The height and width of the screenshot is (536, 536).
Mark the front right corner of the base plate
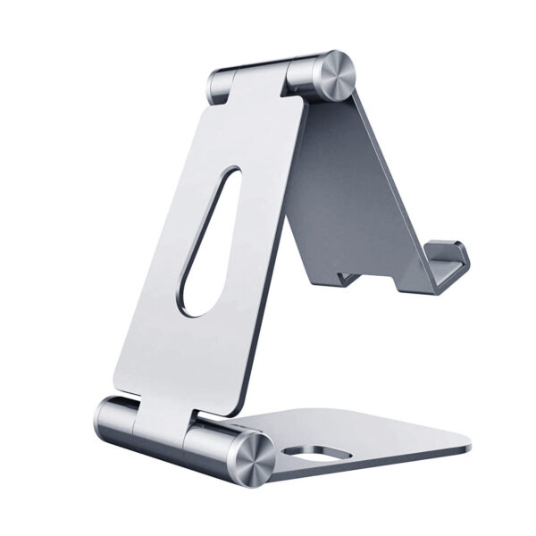(466, 444)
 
